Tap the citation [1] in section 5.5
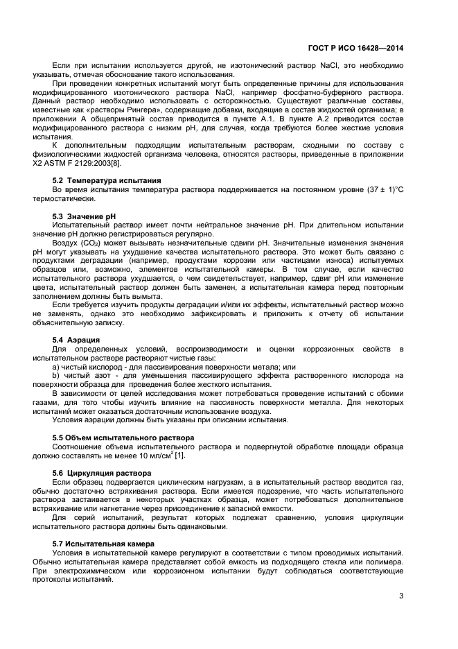[x=179, y=456]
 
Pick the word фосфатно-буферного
[x=324, y=93]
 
